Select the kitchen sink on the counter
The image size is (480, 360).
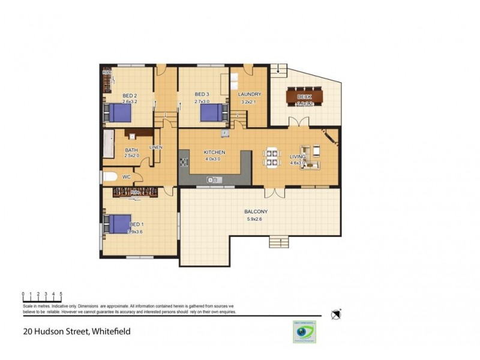pyautogui.click(x=212, y=179)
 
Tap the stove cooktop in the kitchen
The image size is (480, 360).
pyautogui.click(x=183, y=161)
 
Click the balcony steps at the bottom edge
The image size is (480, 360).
pyautogui.click(x=278, y=242)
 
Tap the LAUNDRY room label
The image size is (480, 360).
pyautogui.click(x=249, y=95)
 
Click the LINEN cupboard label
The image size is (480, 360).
pyautogui.click(x=155, y=148)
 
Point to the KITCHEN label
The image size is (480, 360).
pyautogui.click(x=214, y=152)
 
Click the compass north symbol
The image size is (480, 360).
pyautogui.click(x=336, y=314)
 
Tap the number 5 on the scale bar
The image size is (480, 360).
pyautogui.click(x=61, y=294)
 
